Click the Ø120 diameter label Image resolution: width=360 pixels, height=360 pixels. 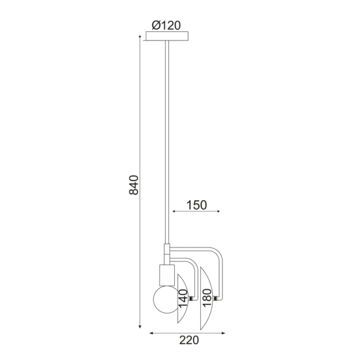(x=166, y=26)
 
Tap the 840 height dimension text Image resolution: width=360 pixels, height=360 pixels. (x=134, y=185)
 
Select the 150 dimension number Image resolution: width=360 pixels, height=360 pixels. (x=196, y=205)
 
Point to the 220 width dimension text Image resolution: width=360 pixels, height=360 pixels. (x=189, y=340)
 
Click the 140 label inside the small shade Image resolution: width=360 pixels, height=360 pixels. (x=183, y=298)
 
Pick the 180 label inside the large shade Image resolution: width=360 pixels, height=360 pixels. (x=206, y=298)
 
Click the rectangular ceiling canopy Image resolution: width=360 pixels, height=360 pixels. (x=167, y=36)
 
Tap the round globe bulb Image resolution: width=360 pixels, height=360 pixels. (x=167, y=300)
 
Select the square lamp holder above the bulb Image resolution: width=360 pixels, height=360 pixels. (x=167, y=275)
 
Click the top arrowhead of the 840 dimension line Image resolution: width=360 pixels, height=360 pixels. (x=140, y=37)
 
